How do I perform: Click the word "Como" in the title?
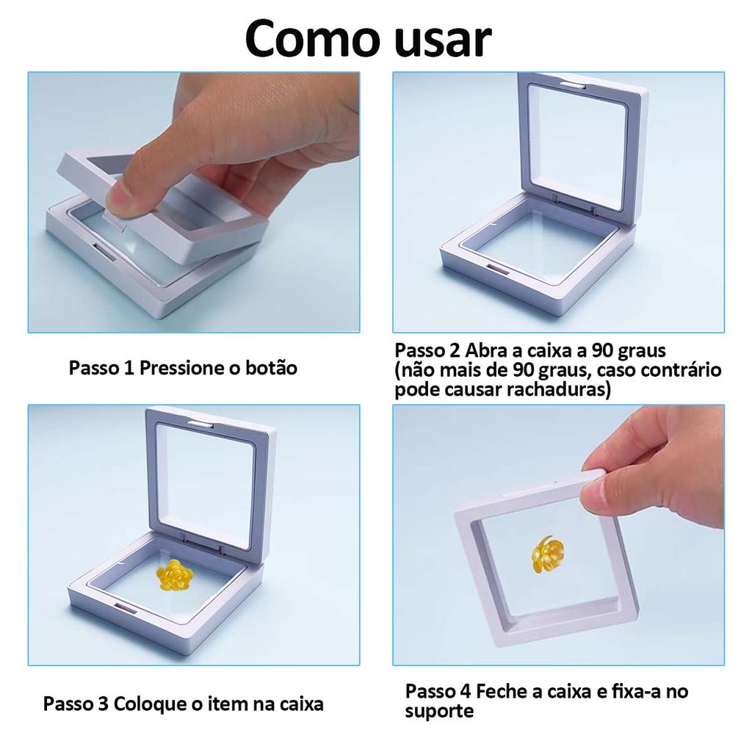[313, 38]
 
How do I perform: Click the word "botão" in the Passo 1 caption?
[272, 368]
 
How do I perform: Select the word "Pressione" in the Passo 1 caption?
[181, 368]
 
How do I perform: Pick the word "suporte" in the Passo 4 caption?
[439, 711]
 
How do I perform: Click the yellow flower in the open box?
[174, 574]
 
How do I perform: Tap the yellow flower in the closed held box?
[547, 554]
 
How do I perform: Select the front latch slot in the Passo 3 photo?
[125, 608]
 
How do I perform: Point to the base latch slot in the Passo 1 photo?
[104, 251]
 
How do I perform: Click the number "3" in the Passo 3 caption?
[103, 704]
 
